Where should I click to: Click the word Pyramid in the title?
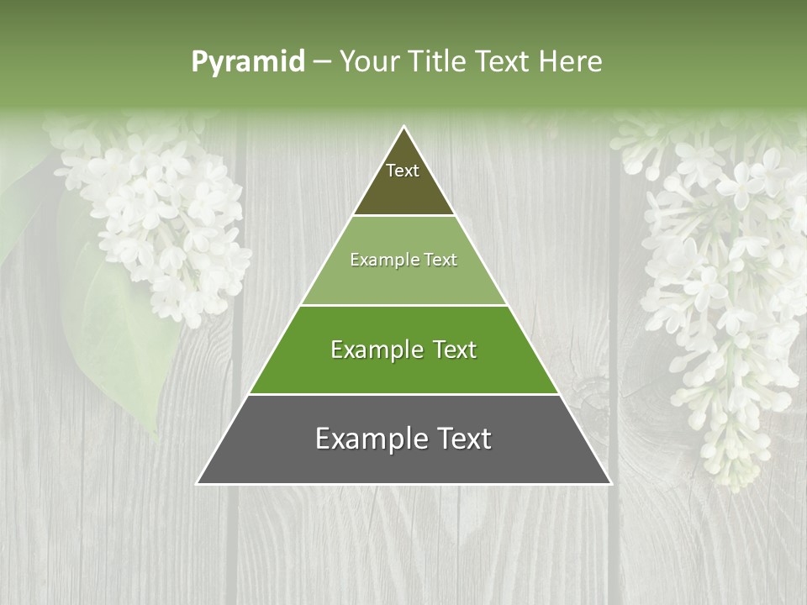247,62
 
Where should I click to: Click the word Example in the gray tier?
362,439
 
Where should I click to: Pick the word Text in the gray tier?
461,439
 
